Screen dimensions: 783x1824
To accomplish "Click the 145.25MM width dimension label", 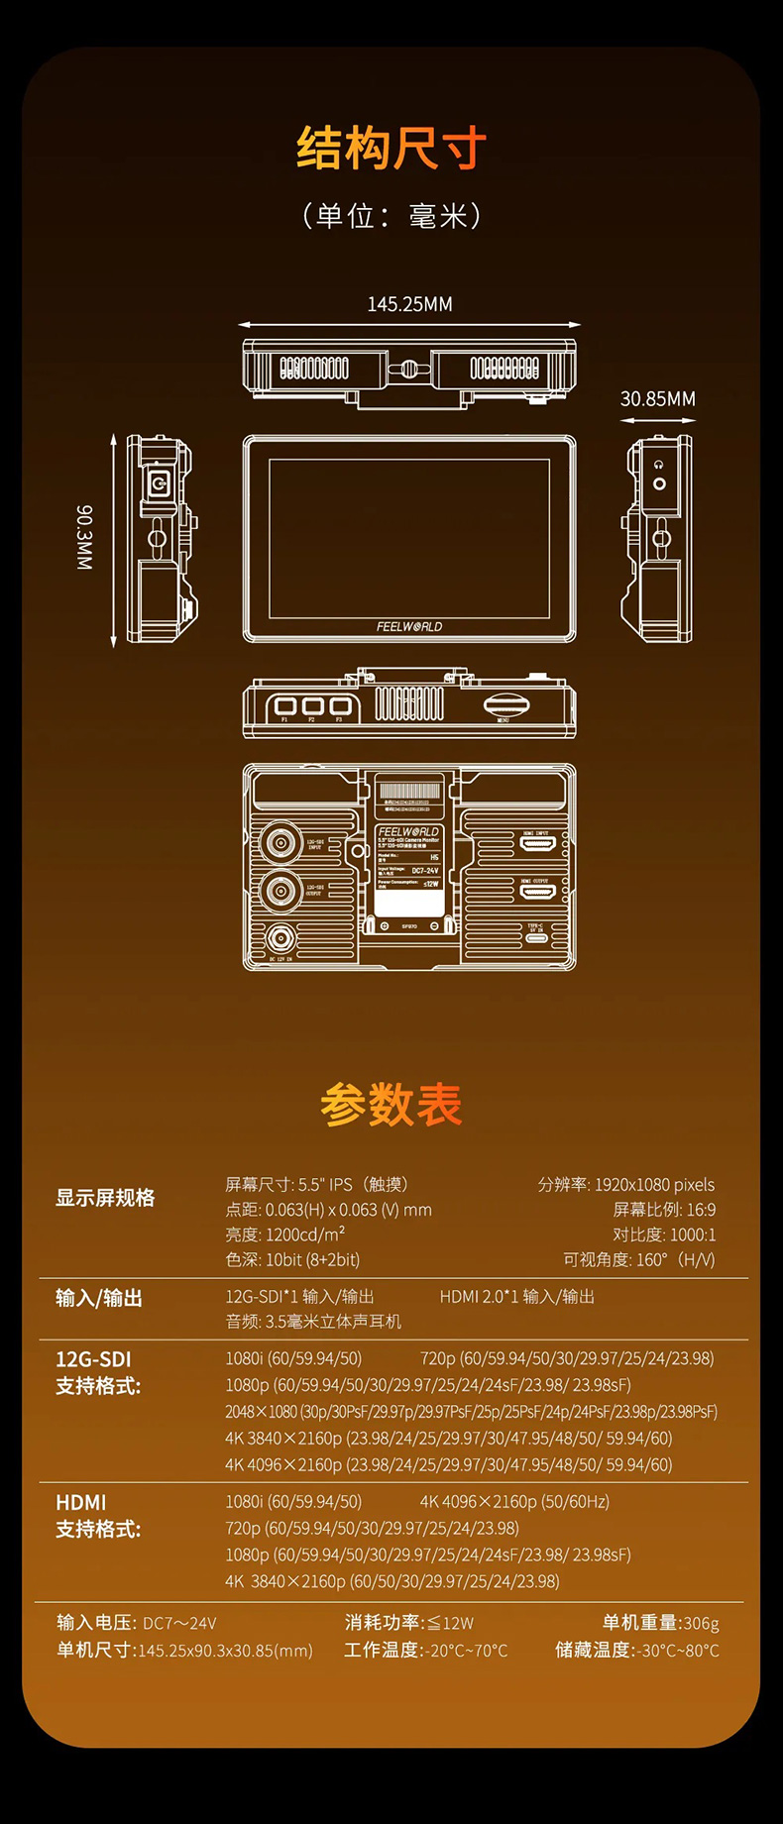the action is coord(409,304).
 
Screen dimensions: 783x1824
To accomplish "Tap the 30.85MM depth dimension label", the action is coord(658,398).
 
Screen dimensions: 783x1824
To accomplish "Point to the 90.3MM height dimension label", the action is coord(84,538).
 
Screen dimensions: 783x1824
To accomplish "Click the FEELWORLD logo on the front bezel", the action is coord(409,626).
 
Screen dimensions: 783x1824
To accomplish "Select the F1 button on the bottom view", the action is coord(285,706).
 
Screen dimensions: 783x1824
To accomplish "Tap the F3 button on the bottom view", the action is coord(340,706).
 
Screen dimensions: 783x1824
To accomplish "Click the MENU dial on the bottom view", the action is coord(505,705).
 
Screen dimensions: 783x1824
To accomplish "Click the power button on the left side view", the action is coord(157,484).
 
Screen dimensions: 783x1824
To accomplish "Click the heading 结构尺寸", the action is coord(391,149).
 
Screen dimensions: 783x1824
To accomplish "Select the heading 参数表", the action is coord(391,1104).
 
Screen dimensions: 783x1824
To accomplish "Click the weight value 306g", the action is coord(701,1623).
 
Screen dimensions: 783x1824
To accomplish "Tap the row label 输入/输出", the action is coord(99,1298).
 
